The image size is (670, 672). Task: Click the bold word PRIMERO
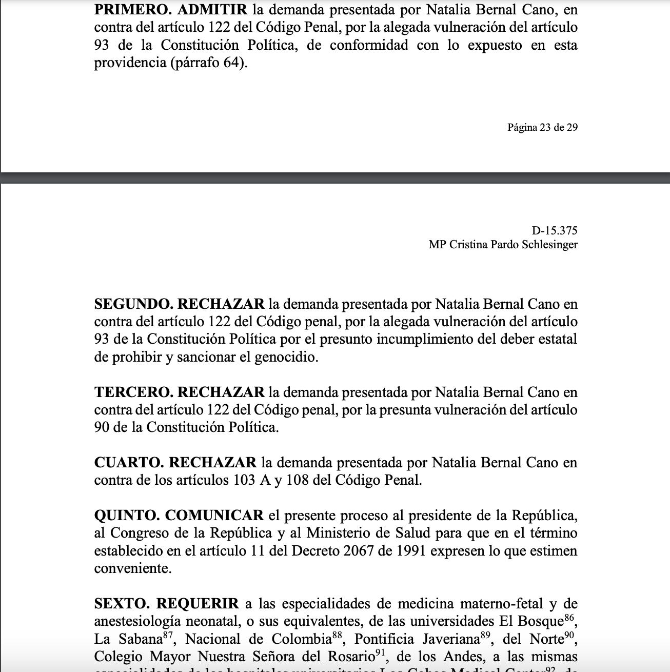[x=131, y=10]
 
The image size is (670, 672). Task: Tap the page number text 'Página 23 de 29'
[x=542, y=127]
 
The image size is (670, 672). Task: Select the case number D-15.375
[x=555, y=231]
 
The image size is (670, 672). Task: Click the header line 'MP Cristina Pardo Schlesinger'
[x=503, y=245]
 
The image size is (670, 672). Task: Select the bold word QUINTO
[x=127, y=516]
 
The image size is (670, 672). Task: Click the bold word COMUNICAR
[x=214, y=516]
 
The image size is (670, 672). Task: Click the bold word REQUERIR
[x=198, y=604]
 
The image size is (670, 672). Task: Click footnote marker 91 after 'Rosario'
[x=380, y=653]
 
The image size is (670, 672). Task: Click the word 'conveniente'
[x=132, y=569]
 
